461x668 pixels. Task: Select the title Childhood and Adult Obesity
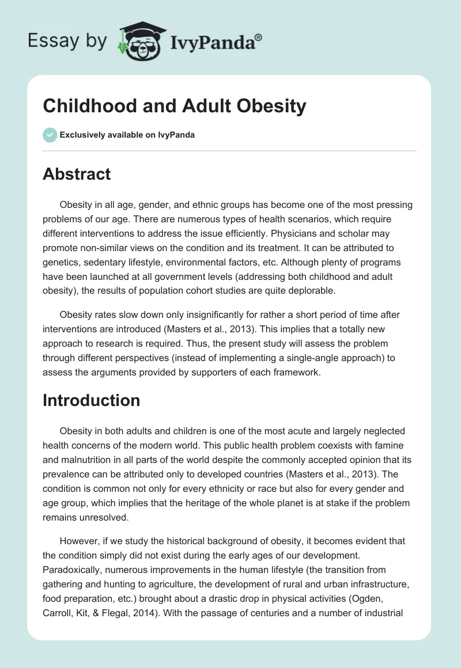174,107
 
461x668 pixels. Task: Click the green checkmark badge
50,135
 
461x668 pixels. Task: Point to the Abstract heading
77,173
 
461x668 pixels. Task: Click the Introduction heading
91,400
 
